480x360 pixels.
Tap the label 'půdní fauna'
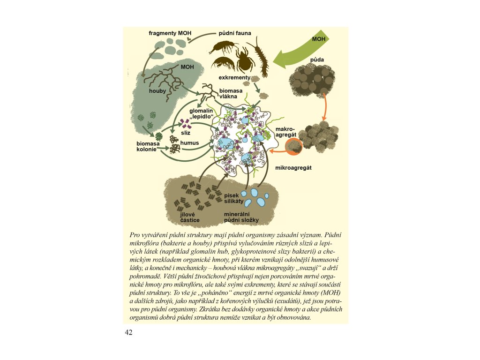click(x=235, y=33)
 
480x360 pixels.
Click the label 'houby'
click(x=157, y=91)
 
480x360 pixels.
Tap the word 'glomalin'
click(x=201, y=111)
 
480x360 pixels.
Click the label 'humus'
click(x=190, y=142)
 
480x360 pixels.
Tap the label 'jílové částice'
click(x=190, y=217)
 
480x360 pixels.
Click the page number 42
click(x=129, y=333)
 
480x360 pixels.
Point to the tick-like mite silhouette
click(x=244, y=59)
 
